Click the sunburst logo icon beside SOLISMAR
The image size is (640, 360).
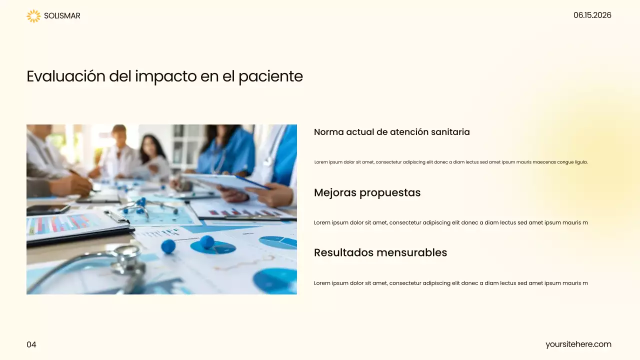tap(33, 16)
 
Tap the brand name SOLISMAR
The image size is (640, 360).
tap(62, 16)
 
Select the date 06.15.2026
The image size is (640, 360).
tap(592, 15)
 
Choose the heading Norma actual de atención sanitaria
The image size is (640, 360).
tap(391, 132)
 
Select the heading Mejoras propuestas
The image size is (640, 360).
tap(367, 192)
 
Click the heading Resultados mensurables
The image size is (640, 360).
tap(380, 252)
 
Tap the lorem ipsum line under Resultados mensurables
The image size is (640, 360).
tap(450, 283)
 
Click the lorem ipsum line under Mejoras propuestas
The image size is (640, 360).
tap(450, 222)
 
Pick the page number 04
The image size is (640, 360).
tap(31, 344)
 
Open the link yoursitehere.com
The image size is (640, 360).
tap(578, 344)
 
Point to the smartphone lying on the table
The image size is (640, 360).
tap(47, 209)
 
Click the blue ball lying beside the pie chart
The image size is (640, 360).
tap(168, 246)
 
